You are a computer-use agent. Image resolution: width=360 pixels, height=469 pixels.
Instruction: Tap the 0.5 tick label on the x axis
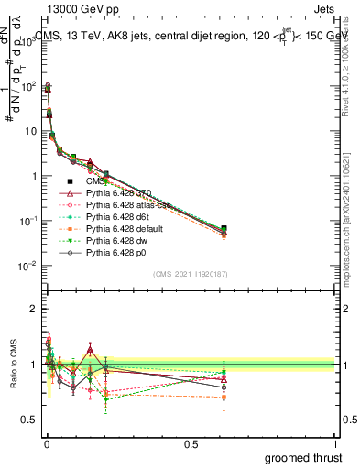191,442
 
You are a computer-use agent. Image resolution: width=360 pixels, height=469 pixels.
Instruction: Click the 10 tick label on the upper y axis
28,131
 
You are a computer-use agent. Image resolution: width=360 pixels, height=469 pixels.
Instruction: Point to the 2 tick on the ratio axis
32,309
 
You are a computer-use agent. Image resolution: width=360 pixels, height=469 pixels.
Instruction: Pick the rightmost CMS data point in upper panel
224,229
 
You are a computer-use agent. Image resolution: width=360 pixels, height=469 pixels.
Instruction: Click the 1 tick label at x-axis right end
335,442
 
